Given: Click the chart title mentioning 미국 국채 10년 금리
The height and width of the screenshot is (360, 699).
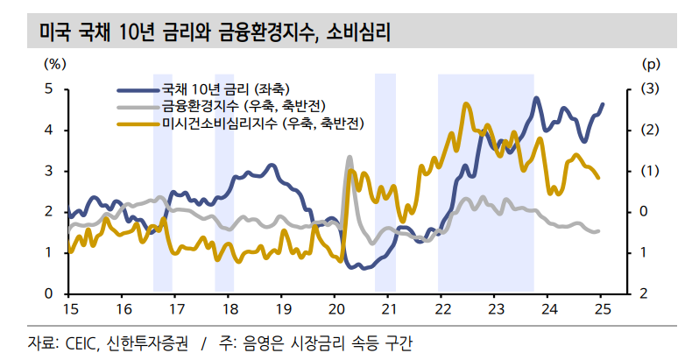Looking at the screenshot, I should click(215, 33).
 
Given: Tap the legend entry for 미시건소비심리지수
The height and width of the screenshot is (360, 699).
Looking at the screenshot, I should click(263, 123).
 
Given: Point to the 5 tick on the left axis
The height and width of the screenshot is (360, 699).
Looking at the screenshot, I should click(50, 89).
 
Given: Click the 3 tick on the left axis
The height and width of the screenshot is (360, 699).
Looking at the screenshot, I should click(50, 171).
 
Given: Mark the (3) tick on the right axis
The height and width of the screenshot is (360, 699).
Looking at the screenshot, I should click(651, 89).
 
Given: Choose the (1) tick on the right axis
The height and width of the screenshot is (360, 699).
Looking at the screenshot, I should click(651, 171).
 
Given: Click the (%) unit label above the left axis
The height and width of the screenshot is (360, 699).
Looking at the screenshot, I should click(54, 63).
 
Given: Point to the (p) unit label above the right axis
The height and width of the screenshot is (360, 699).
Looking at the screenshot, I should click(651, 63).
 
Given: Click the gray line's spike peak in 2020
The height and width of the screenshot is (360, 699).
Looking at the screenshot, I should click(349, 158).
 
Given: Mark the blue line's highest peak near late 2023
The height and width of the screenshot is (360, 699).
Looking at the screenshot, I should click(536, 98).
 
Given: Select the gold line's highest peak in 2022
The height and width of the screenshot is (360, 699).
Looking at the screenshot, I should click(464, 103).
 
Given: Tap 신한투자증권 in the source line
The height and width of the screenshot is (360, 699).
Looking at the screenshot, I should click(145, 342).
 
